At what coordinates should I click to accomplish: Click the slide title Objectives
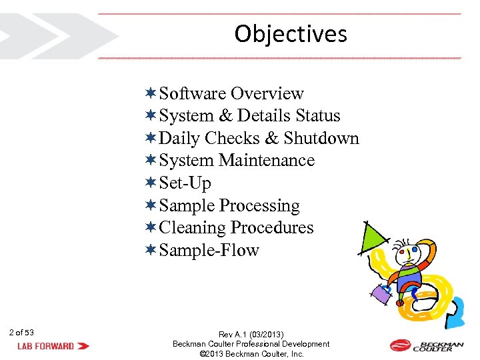291,34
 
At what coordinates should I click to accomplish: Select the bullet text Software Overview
231,93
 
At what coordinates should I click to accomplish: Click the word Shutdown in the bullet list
321,139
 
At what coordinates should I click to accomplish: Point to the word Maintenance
267,161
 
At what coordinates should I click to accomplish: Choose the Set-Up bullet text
185,183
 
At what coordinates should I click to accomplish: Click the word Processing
259,205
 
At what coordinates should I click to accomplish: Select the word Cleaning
193,228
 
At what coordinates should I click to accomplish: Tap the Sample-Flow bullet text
209,251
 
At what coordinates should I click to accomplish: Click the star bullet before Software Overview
151,93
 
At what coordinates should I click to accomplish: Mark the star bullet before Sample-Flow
151,250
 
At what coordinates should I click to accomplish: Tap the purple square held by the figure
381,293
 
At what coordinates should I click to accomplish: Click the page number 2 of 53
22,332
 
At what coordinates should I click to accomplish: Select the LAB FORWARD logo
53,346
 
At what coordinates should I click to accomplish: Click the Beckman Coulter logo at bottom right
427,345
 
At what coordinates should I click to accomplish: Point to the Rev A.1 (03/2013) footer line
251,334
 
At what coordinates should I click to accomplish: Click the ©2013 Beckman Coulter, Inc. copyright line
251,354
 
